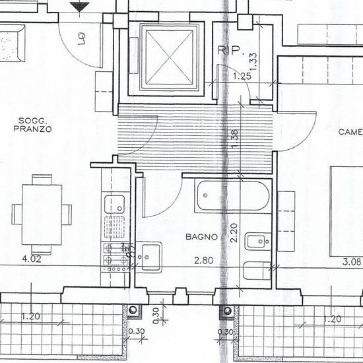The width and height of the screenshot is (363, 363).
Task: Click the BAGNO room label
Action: (x=197, y=235)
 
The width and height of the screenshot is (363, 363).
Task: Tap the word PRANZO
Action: (x=32, y=130)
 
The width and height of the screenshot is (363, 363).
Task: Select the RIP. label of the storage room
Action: (x=231, y=49)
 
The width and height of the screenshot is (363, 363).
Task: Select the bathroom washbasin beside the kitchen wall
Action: (x=151, y=256)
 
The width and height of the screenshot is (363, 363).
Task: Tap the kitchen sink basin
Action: (x=114, y=204)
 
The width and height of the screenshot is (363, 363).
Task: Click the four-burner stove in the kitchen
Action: (x=115, y=255)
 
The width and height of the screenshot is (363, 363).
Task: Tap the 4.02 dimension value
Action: (x=32, y=259)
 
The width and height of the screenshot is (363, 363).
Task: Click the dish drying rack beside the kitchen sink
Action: (x=114, y=226)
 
